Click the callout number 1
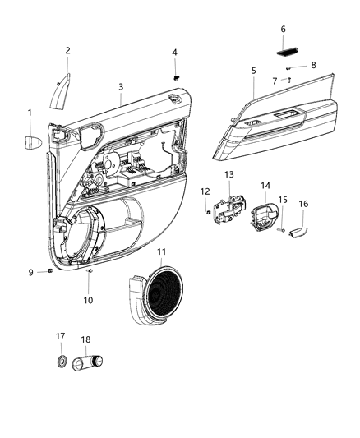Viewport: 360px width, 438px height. point(30,112)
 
